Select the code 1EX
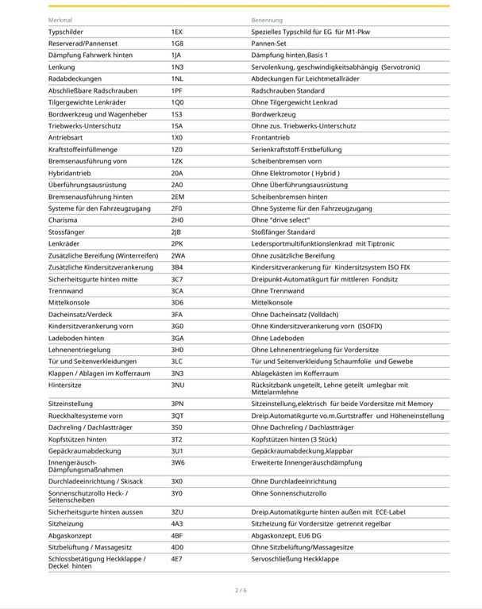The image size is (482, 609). pos(177,32)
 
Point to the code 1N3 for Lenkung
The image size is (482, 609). pos(177,67)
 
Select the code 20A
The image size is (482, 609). pos(177,173)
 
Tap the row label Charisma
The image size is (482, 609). pos(62,220)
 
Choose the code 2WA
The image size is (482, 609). pos(179,255)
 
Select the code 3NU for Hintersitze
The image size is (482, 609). pos(178,385)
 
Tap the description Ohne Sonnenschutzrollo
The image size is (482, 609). pos(289,493)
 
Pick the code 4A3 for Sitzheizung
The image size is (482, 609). pos(177,523)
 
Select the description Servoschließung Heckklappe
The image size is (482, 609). pos(295,559)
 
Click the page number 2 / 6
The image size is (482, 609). pos(241,590)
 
